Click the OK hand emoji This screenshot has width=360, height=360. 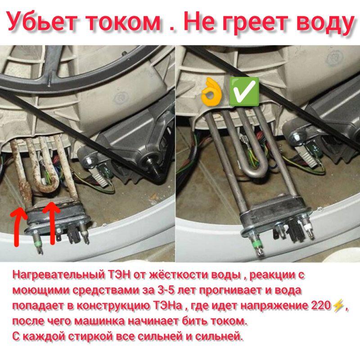pos(211,92)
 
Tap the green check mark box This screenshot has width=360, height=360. pos(244,91)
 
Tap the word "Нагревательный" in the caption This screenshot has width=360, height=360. pos(58,275)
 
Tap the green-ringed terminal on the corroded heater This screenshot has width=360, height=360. pos(38,243)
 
